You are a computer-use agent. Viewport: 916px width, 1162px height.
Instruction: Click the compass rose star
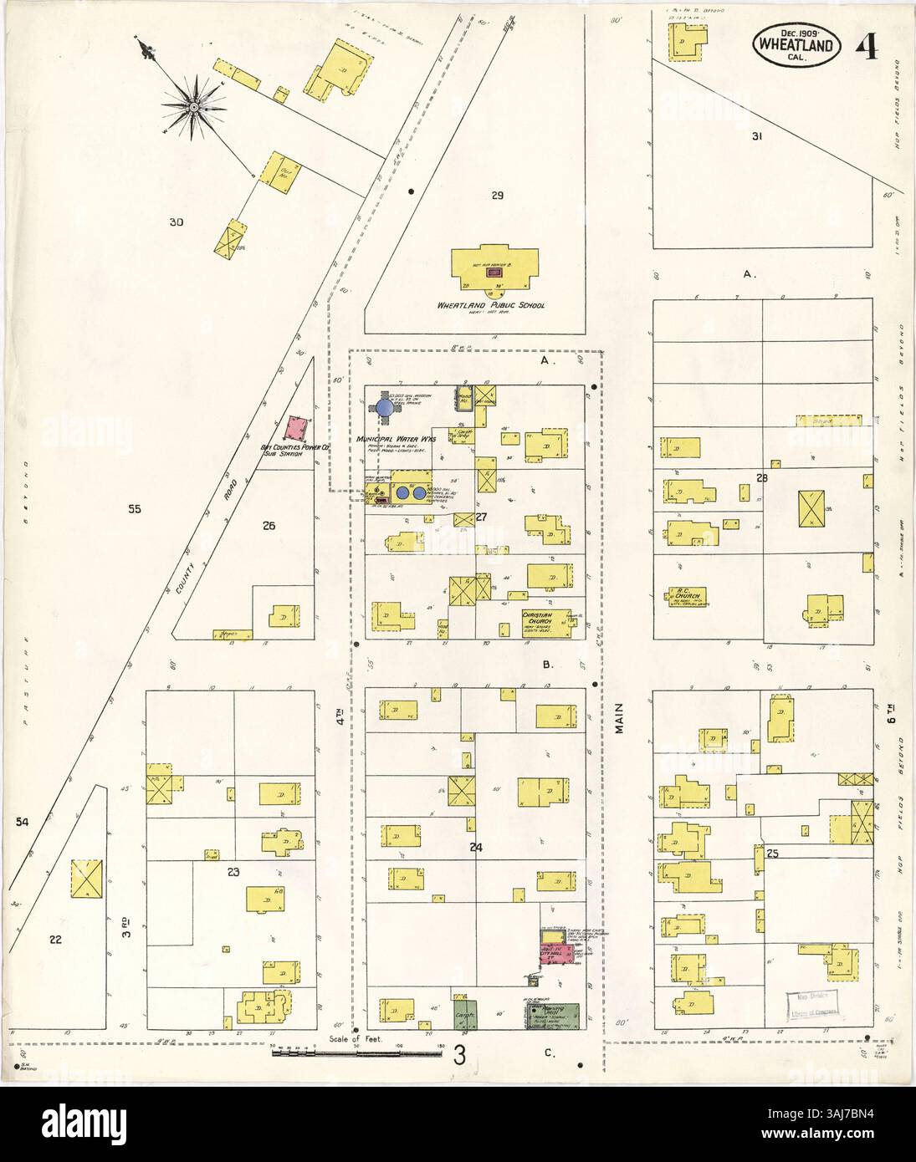click(x=193, y=106)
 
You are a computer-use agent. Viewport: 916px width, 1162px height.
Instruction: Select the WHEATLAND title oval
click(x=797, y=42)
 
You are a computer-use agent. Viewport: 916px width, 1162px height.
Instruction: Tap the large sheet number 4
click(x=867, y=40)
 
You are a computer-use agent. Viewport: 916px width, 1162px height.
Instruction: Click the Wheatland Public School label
click(x=489, y=305)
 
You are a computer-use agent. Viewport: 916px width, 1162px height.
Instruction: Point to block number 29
click(x=497, y=196)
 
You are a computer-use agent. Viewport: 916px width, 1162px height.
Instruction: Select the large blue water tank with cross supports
click(x=384, y=406)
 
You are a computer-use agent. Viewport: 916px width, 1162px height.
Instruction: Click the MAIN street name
click(x=620, y=717)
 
